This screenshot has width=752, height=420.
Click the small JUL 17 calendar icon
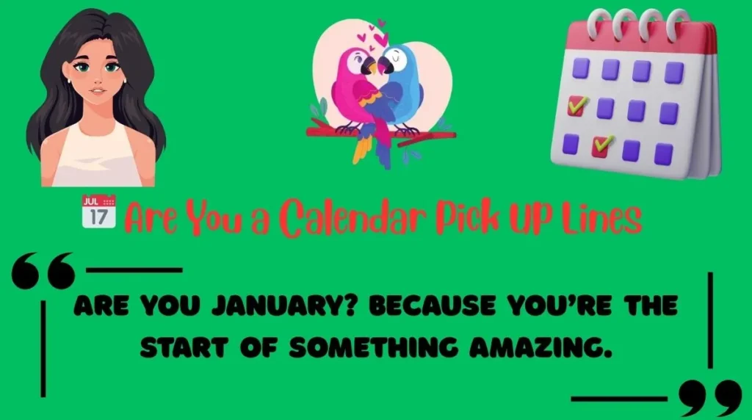click(x=98, y=210)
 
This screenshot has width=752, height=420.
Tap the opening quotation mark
click(x=44, y=271)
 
